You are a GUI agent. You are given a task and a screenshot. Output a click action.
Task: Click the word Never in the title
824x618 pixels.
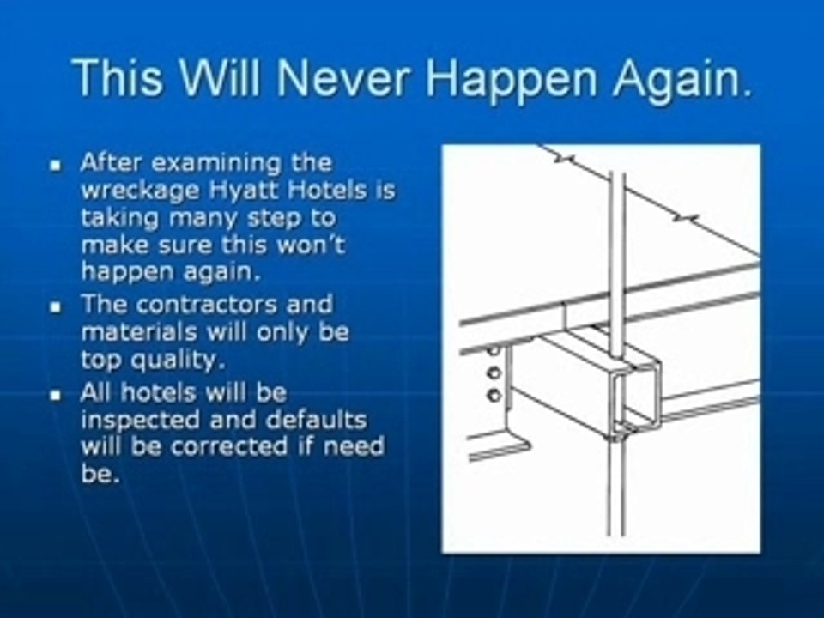click(x=342, y=78)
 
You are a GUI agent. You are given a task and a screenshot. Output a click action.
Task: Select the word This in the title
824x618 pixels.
click(x=117, y=78)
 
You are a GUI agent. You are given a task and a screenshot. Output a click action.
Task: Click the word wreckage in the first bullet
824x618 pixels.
click(x=140, y=191)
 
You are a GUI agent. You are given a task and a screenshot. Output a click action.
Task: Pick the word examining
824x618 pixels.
click(x=216, y=163)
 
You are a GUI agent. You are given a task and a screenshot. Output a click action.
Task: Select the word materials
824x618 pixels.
click(x=139, y=332)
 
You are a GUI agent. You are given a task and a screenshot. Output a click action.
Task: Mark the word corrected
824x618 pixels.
click(x=229, y=446)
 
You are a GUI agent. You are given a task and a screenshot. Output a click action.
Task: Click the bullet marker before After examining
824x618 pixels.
click(x=56, y=166)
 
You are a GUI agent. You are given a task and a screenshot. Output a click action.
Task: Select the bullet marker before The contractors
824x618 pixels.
click(x=56, y=307)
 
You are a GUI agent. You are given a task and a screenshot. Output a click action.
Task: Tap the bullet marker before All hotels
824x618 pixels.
click(x=56, y=395)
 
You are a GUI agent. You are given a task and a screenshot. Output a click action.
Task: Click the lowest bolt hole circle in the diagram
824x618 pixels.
click(x=494, y=395)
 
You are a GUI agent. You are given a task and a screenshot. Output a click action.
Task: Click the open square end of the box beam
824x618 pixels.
click(x=638, y=395)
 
